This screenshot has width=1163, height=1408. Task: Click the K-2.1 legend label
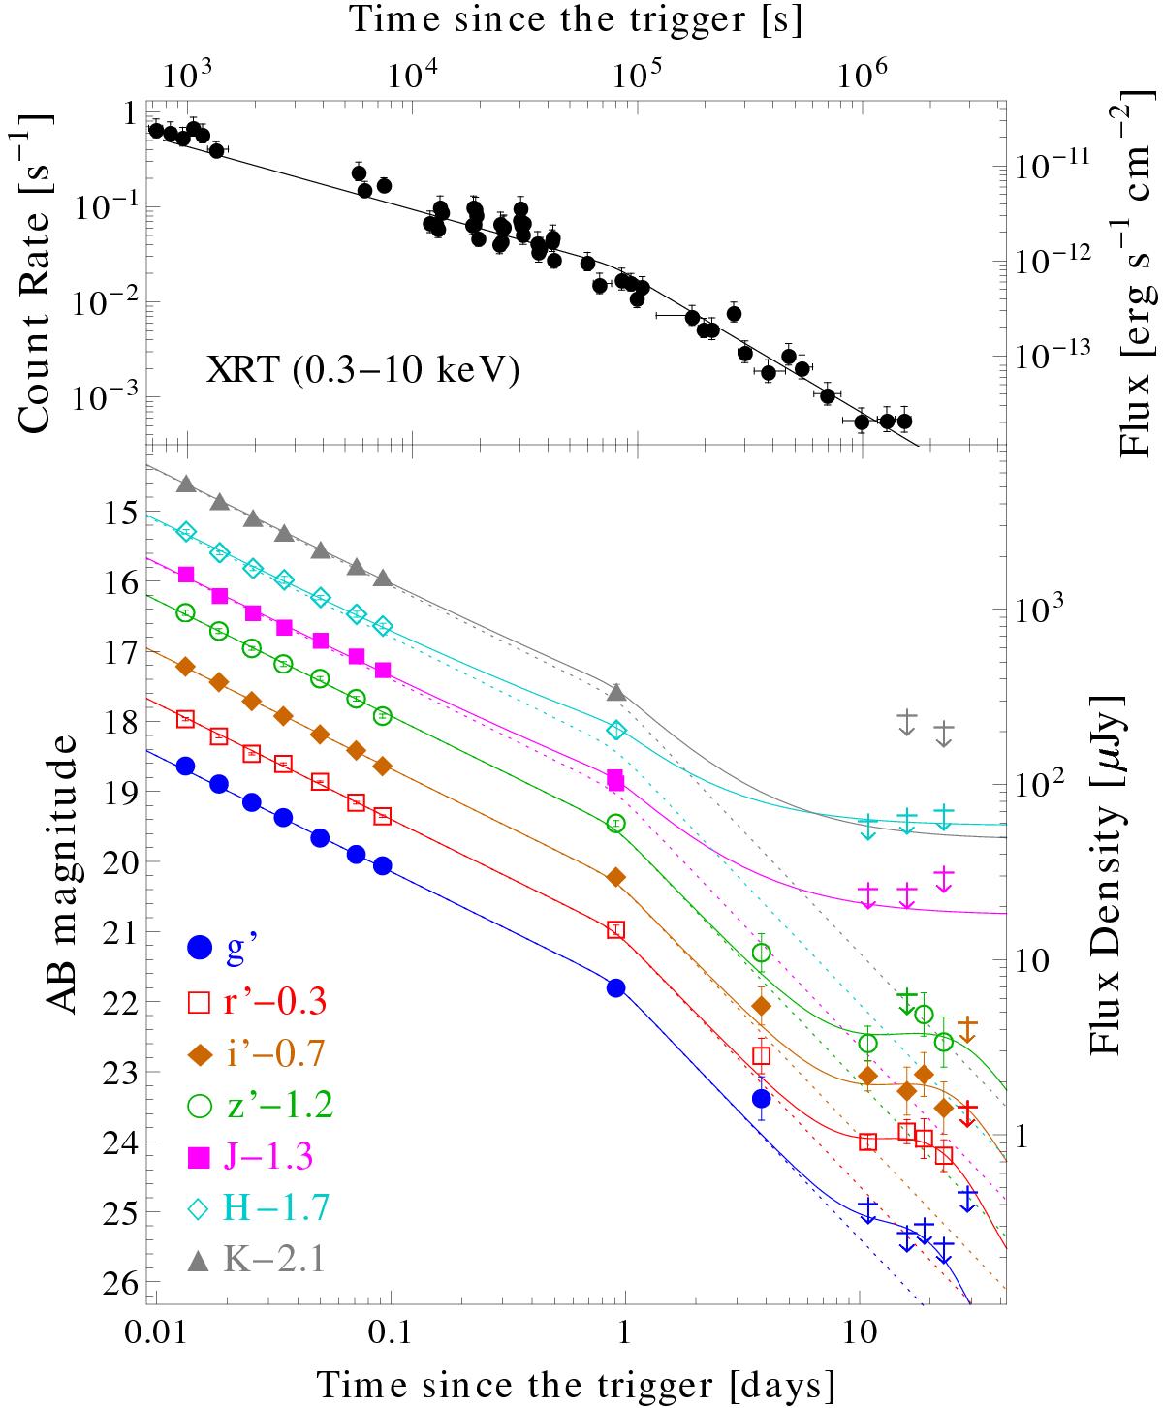pos(275,1260)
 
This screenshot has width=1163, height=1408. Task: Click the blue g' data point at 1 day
pos(614,988)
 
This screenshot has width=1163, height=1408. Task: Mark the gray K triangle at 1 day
pos(615,692)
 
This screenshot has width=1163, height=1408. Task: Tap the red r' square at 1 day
pos(615,929)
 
